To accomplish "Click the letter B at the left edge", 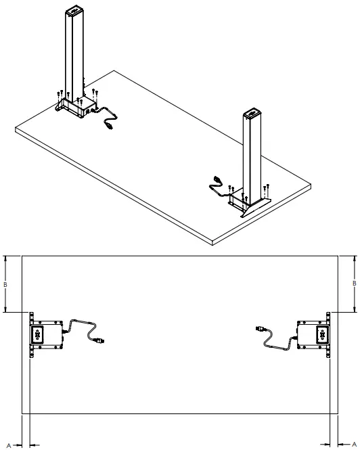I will (5, 284).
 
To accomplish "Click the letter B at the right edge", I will (354, 283).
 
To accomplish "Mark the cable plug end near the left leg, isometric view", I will (109, 125).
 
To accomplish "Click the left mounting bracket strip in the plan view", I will (31, 335).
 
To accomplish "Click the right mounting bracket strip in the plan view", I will (329, 335).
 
